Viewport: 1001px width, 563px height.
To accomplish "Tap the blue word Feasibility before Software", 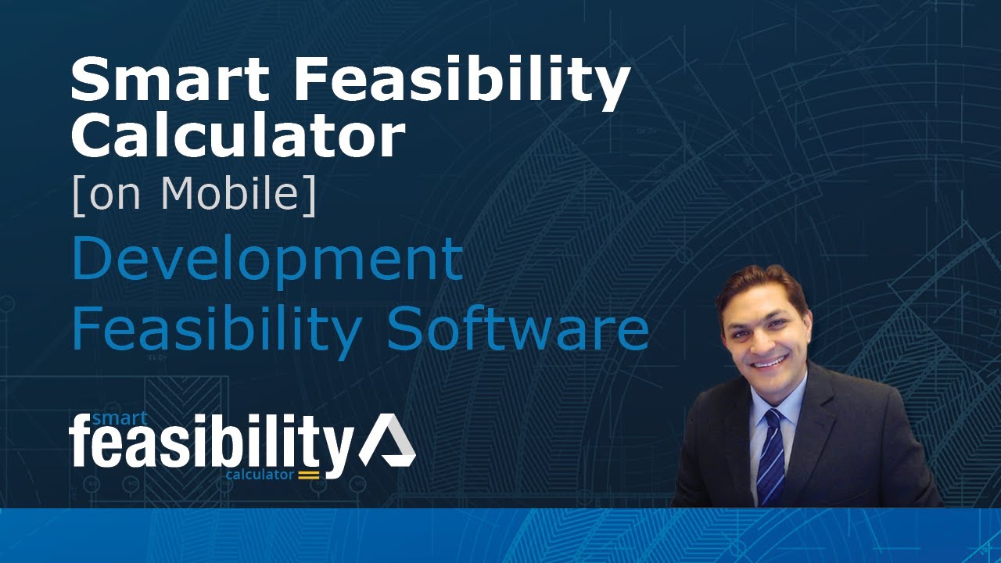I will click(216, 332).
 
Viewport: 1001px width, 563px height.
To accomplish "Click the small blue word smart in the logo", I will click(120, 418).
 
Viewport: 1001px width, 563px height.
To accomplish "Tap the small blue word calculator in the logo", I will click(260, 474).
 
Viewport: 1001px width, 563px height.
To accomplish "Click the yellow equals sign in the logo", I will click(309, 474).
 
